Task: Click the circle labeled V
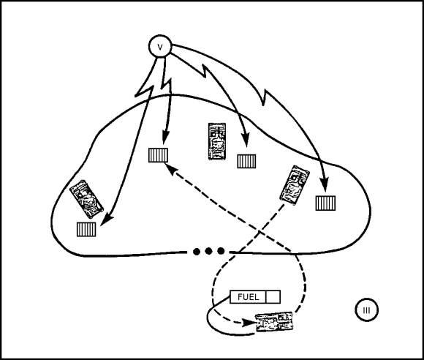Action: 160,46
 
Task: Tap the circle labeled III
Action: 366,310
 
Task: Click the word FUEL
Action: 249,297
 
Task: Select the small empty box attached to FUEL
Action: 273,297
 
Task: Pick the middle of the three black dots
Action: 208,252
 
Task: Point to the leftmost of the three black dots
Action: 197,252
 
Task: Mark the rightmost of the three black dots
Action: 221,251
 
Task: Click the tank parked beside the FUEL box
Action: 274,321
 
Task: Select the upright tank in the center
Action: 217,141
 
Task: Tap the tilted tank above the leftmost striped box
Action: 86,199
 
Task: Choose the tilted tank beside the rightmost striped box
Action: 295,185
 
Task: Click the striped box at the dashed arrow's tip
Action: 158,155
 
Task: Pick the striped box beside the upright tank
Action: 246,161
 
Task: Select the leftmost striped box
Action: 86,229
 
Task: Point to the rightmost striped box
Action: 325,203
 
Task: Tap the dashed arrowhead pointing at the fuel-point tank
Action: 248,323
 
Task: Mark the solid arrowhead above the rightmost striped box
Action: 324,185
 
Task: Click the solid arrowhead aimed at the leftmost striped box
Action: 107,220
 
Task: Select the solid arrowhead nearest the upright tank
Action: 245,140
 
